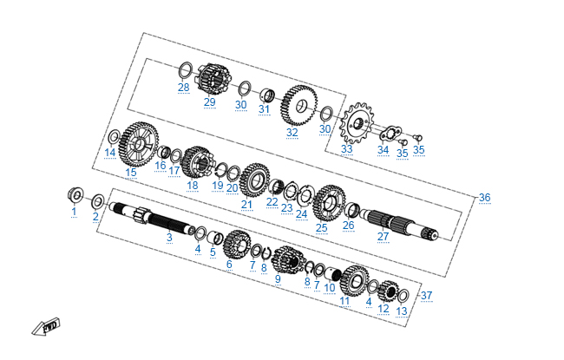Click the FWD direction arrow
[x=46, y=327]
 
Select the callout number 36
[x=484, y=198]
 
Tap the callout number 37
[x=426, y=295]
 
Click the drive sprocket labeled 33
[x=357, y=123]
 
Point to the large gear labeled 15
[x=139, y=144]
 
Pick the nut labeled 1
[x=75, y=195]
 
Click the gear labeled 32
[x=299, y=105]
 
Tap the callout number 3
[x=169, y=237]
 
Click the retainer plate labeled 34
[x=390, y=134]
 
